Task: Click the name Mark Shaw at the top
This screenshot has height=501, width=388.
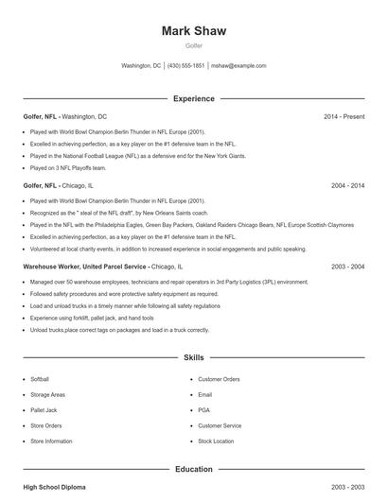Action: [194, 31]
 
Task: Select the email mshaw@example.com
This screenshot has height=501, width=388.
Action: [238, 66]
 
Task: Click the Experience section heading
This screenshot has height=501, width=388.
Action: [194, 98]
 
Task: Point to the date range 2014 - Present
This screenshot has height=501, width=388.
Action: [344, 116]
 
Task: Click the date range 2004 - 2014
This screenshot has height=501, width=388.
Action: [347, 186]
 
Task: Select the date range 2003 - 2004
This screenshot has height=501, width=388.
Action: [347, 268]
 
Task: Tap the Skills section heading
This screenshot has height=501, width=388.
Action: [194, 359]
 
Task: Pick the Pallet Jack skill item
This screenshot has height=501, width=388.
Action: [44, 410]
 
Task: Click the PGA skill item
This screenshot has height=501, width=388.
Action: [203, 410]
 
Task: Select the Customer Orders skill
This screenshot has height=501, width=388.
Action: [219, 378]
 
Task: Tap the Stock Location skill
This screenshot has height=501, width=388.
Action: [216, 441]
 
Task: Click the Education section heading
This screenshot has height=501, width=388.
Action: [194, 469]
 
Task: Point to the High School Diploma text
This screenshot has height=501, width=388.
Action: [54, 487]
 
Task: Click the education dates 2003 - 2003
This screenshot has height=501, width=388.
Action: [347, 487]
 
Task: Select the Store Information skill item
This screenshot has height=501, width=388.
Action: [51, 441]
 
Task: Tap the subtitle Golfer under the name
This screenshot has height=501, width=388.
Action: [194, 45]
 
